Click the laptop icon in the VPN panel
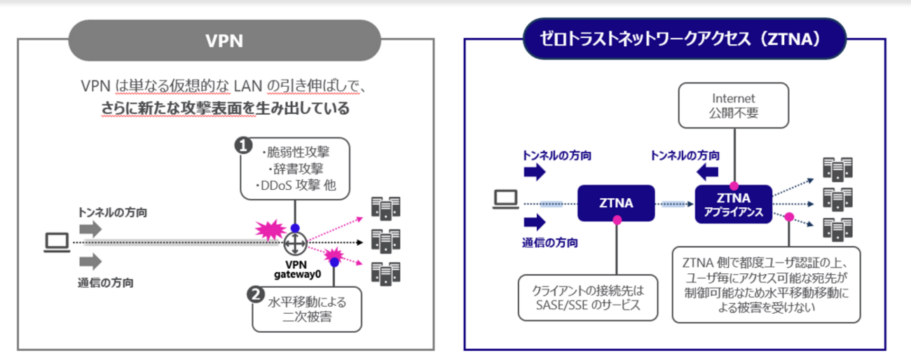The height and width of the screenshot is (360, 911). click(x=56, y=242)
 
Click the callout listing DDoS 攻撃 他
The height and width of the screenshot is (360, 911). click(x=294, y=169)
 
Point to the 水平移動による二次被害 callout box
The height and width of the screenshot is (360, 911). click(x=308, y=308)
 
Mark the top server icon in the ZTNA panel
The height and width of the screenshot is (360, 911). click(x=837, y=167)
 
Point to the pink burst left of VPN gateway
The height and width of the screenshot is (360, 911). click(x=268, y=228)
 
